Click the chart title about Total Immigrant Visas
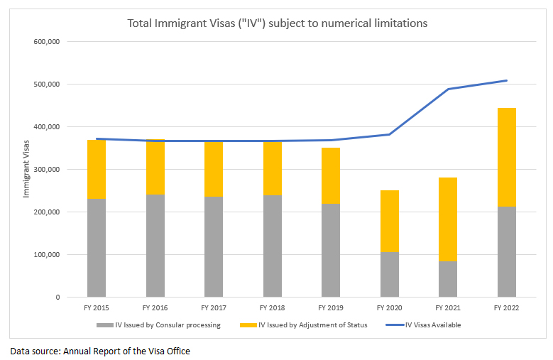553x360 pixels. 277,23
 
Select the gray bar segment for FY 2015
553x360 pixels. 97,247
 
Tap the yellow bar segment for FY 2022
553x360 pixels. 506,157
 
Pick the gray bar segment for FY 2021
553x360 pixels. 447,278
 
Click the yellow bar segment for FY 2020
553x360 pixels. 389,221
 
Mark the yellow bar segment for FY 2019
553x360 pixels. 330,175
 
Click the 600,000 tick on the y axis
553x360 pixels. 46,41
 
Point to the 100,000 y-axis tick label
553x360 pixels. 46,254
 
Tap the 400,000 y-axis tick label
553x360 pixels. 46,126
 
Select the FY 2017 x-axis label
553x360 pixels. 214,308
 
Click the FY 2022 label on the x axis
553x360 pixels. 506,308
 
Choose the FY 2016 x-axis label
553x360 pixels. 155,308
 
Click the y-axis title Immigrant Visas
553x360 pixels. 26,169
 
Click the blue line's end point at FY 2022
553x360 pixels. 506,80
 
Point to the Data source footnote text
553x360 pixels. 99,351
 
